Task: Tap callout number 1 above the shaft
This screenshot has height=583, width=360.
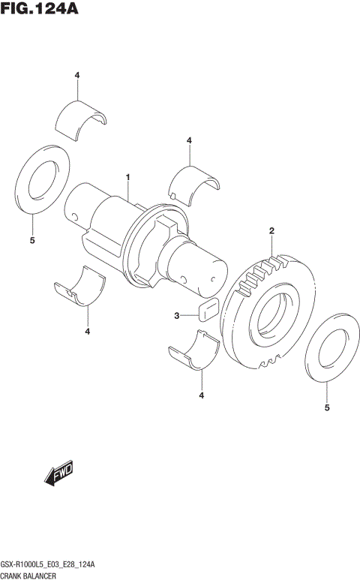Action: [x=128, y=178]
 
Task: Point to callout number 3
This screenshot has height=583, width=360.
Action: [x=177, y=316]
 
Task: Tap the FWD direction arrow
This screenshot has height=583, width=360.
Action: [x=58, y=476]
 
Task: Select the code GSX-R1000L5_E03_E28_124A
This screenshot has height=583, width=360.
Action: [x=52, y=563]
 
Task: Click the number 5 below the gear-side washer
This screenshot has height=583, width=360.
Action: [x=327, y=408]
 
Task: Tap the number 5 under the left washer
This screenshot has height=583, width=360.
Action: [x=32, y=240]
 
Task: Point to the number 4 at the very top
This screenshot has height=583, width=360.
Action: [x=77, y=75]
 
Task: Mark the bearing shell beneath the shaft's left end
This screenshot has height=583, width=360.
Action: [x=80, y=288]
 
